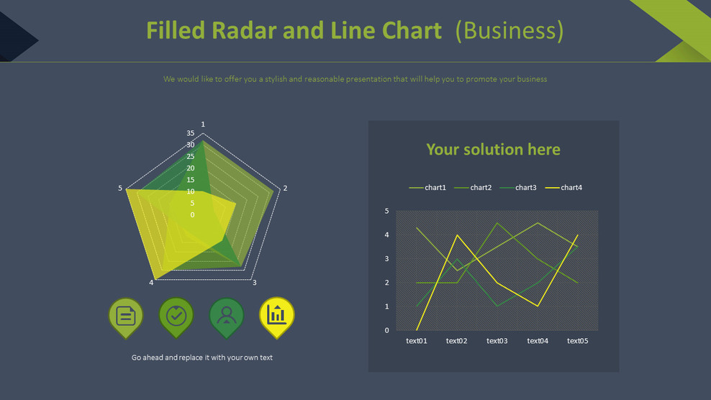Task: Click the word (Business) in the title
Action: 510,31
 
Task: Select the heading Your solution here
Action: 493,150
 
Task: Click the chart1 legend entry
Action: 435,188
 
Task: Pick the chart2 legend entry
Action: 481,188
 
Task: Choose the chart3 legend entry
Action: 525,188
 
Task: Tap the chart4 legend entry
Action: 571,188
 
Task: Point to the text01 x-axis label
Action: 417,341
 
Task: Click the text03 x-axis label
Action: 497,341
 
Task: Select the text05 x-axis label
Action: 578,341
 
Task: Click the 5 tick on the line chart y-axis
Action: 386,211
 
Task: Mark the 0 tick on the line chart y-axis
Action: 386,330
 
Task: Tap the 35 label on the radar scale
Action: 190,133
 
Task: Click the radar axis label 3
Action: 254,283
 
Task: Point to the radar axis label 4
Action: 151,283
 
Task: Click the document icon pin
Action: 126,316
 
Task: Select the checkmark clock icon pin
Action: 176,316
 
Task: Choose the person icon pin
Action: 227,316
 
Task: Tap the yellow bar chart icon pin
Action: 277,315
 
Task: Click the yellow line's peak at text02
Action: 457,235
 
